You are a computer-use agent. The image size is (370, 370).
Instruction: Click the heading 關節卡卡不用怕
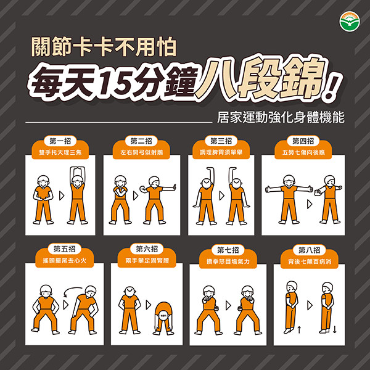(105, 47)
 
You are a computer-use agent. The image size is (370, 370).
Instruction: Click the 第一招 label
(59, 141)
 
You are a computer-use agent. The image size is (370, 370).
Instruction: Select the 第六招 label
(145, 249)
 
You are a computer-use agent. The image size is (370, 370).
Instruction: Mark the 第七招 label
(228, 249)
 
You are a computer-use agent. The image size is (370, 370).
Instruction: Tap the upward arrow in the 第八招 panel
(298, 330)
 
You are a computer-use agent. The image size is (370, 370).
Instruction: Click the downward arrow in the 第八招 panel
(334, 330)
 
